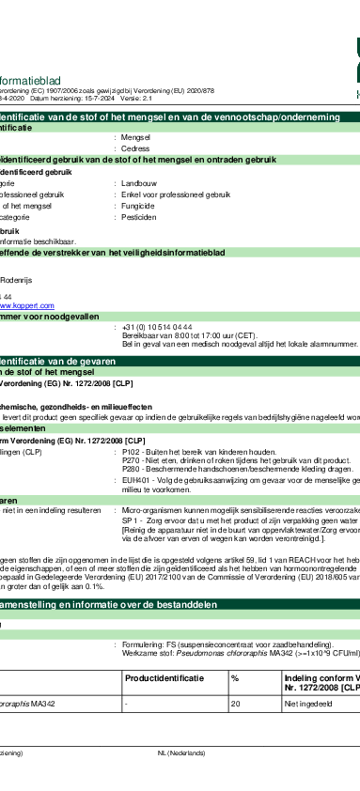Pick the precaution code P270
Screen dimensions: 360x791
(132, 434)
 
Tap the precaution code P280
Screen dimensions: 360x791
(132, 442)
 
